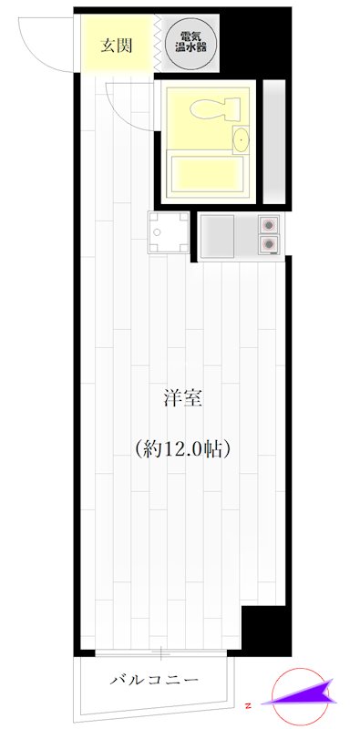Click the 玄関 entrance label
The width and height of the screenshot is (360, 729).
(117, 46)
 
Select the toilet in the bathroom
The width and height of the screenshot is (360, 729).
(214, 108)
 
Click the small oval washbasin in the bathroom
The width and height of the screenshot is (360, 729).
(241, 139)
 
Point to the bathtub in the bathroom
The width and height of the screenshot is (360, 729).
(207, 174)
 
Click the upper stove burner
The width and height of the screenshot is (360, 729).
(269, 225)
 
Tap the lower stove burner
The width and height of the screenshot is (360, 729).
(269, 242)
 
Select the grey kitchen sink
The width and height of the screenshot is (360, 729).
(217, 235)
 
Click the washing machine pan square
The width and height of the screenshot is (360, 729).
(169, 232)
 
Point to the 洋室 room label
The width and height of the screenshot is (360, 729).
(183, 400)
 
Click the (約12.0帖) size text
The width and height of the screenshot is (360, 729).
(183, 448)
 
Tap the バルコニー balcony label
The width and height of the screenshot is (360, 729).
(154, 680)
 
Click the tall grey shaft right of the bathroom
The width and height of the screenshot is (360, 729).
(274, 142)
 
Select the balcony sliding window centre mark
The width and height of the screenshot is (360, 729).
(160, 652)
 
